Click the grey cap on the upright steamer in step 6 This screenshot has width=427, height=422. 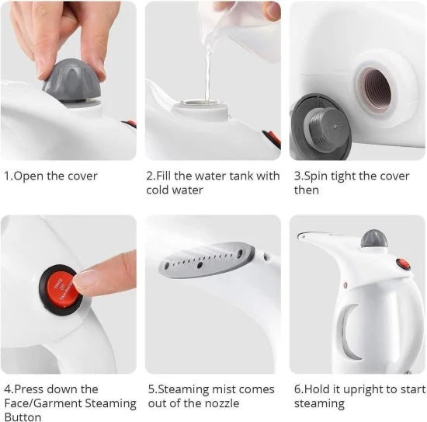[x=374, y=238]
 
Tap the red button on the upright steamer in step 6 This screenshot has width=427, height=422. [x=402, y=264]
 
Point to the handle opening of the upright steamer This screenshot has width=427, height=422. [x=351, y=330]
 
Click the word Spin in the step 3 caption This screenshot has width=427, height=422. [x=317, y=176]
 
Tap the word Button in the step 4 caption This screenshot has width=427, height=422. [x=23, y=417]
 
